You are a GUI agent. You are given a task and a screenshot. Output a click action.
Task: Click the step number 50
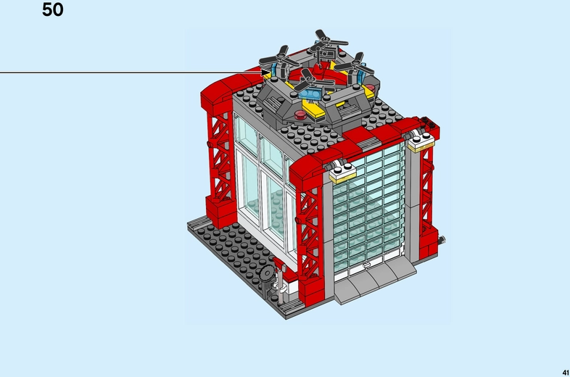(53, 10)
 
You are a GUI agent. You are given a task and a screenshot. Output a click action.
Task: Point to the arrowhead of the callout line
(267, 72)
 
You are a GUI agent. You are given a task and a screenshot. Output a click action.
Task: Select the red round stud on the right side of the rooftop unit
(372, 90)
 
